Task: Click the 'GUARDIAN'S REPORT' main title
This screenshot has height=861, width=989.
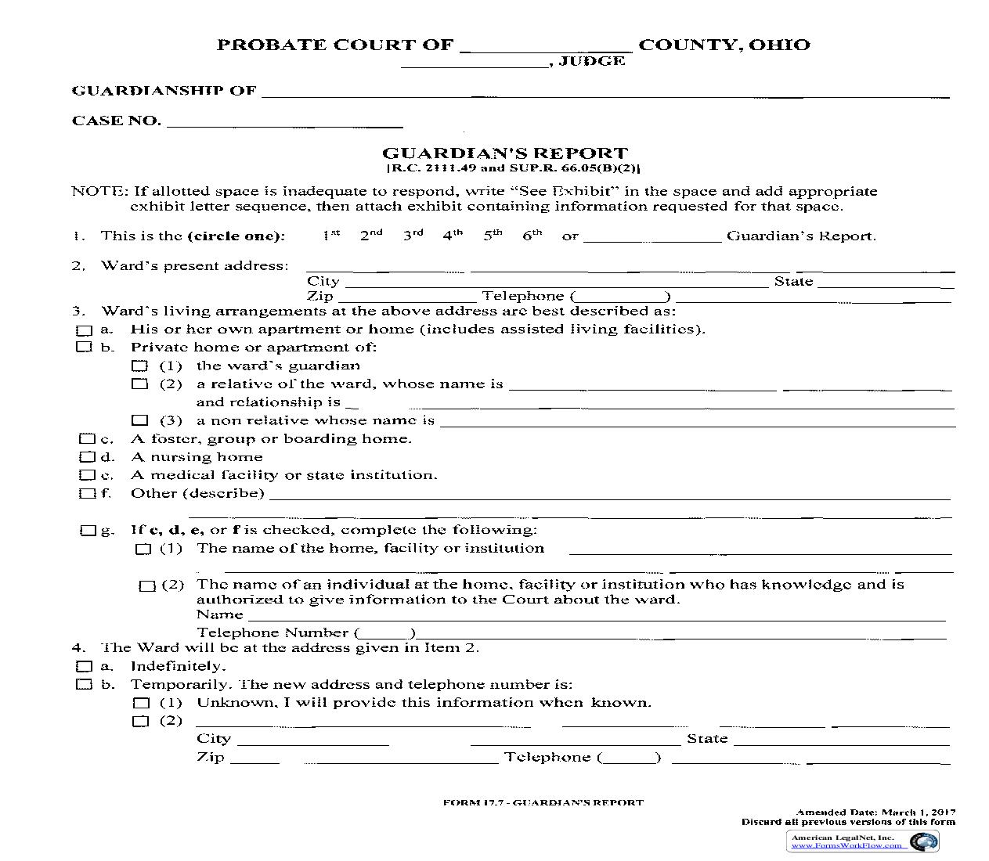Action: [x=504, y=153]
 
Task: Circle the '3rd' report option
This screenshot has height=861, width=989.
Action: [x=413, y=235]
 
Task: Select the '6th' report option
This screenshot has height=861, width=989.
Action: [x=532, y=235]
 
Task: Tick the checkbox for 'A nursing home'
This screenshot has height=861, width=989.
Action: [x=86, y=457]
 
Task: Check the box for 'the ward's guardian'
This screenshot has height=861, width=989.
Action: [x=139, y=366]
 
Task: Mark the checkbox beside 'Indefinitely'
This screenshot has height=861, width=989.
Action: [x=83, y=666]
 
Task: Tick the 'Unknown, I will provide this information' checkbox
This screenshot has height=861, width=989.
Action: [x=140, y=703]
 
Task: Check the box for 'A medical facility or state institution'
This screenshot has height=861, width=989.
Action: [x=86, y=475]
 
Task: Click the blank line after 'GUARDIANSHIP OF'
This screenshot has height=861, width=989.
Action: [x=603, y=93]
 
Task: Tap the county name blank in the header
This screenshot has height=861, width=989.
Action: [x=545, y=47]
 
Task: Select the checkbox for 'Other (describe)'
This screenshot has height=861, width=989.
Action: [x=86, y=493]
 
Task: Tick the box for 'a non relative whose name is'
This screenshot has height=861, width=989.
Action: [x=140, y=420]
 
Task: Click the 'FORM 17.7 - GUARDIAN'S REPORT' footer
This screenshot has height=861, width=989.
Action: [x=543, y=802]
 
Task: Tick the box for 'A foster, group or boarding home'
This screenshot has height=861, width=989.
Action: [x=86, y=439]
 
